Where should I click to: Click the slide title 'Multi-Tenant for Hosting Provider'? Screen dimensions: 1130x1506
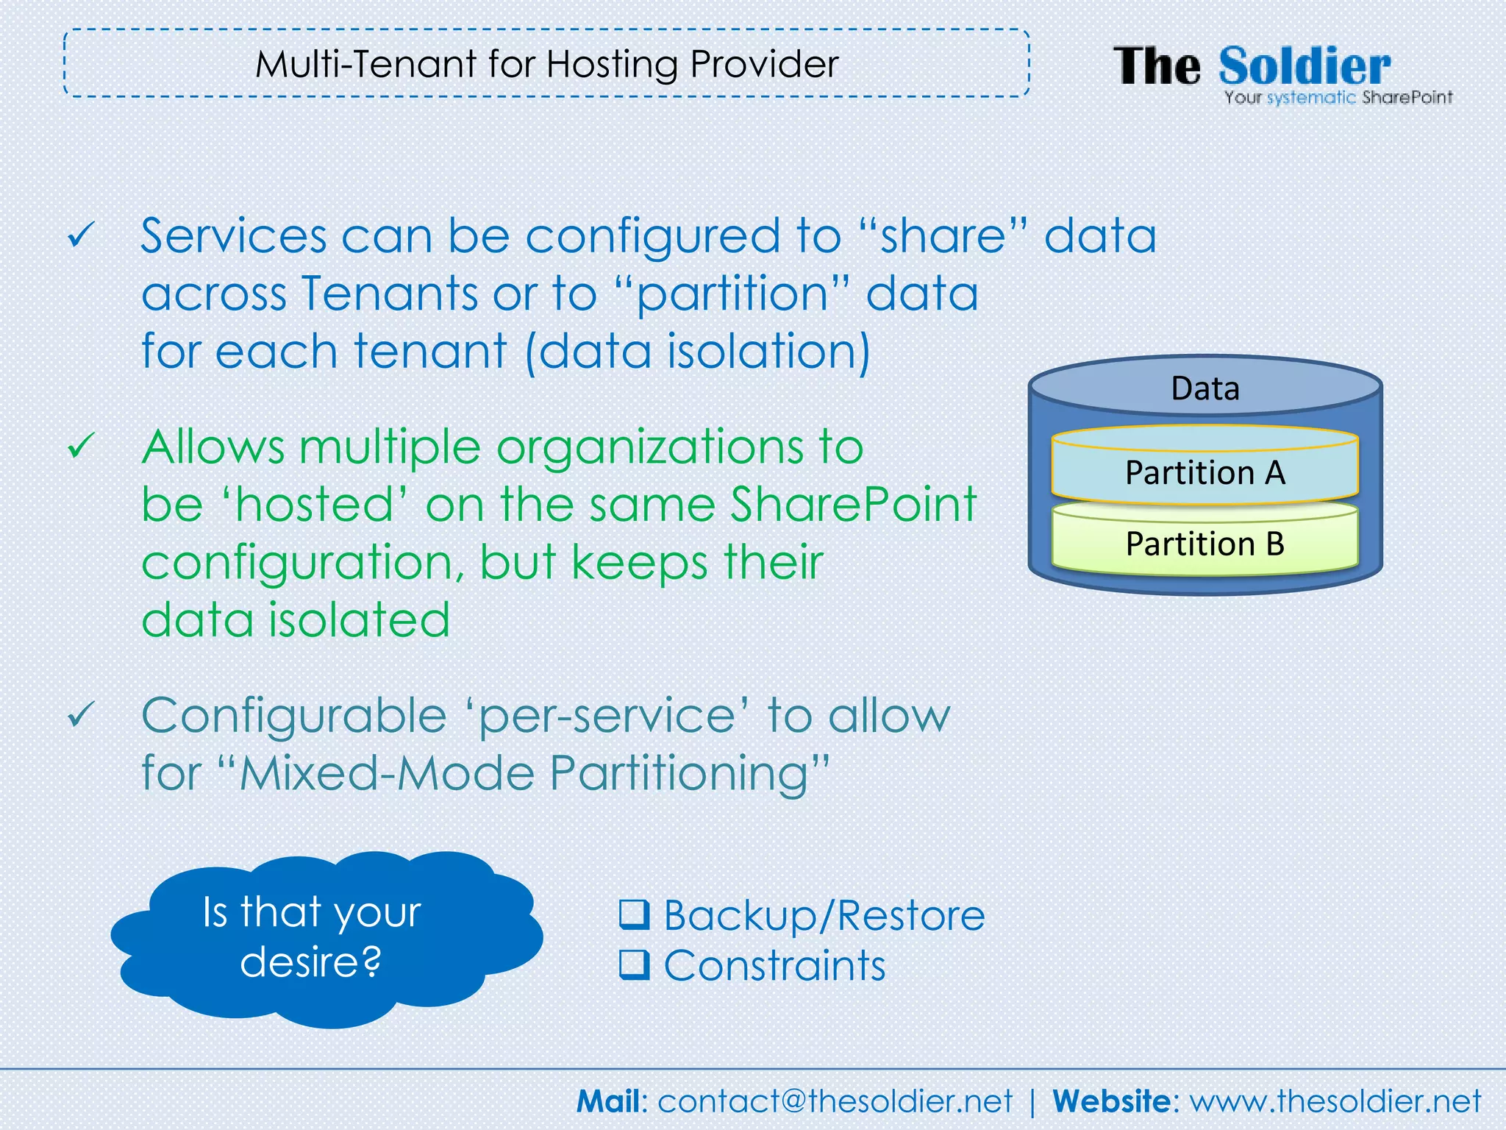(x=546, y=64)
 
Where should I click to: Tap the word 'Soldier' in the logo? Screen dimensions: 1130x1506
(x=1305, y=67)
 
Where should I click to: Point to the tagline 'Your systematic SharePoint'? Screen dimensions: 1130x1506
(x=1338, y=98)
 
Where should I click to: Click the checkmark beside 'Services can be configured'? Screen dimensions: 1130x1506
(x=81, y=235)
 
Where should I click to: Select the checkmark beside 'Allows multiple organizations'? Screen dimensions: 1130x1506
(x=81, y=446)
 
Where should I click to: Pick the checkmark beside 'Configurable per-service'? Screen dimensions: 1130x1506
(x=81, y=714)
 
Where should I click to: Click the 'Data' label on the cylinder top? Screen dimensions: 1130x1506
(x=1205, y=388)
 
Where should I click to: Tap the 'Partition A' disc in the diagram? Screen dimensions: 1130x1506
(x=1205, y=472)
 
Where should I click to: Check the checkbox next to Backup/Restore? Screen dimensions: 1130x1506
(x=634, y=914)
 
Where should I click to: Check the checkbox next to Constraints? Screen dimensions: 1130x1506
(x=634, y=965)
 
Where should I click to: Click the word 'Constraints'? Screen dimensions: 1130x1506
(x=774, y=965)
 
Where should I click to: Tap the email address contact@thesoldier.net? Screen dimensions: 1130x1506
(x=835, y=1101)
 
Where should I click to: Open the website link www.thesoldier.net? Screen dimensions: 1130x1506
(x=1335, y=1101)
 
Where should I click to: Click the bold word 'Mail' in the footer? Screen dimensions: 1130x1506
(x=609, y=1101)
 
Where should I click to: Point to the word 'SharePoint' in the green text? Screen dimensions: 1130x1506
(x=853, y=505)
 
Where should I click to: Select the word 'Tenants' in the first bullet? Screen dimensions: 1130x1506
(x=390, y=293)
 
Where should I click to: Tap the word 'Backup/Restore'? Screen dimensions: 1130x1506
(x=824, y=915)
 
